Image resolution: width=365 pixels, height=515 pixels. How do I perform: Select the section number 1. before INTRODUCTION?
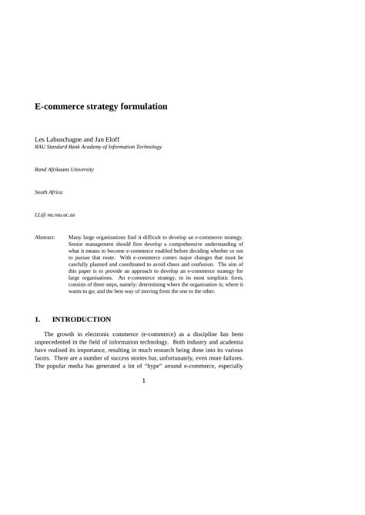point(38,318)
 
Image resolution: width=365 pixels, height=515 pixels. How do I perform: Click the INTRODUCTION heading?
point(82,318)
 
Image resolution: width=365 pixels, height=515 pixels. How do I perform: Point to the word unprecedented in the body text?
point(59,343)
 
